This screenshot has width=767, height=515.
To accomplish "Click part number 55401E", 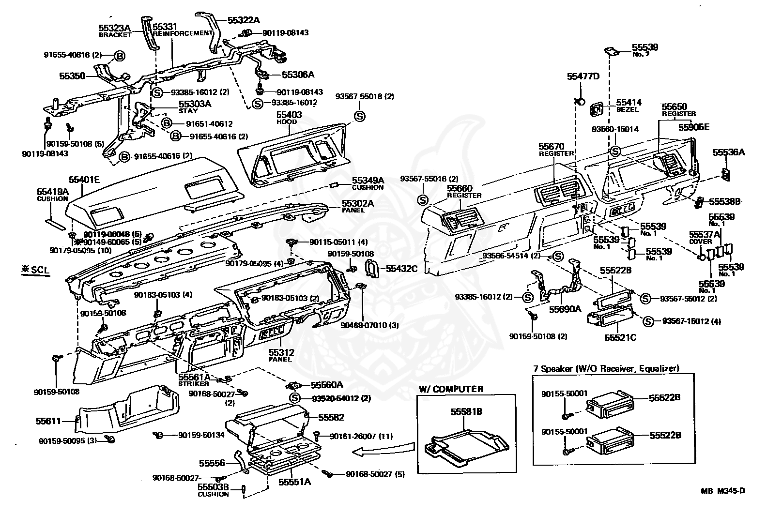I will pos(84,180).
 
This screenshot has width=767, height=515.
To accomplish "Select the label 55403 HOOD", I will pos(289,118).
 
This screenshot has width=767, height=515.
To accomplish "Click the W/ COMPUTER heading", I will pos(451,389).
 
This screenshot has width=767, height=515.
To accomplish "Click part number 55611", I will pos(48,421).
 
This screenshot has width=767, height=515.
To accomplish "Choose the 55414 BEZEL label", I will pos(629,105).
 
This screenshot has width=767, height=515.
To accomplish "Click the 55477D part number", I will pos(583,76).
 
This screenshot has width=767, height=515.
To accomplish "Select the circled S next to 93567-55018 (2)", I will pos(359,116).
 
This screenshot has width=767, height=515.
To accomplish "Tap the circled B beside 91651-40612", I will pos(166,124).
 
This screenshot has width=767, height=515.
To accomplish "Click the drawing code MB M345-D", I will pos(722,491).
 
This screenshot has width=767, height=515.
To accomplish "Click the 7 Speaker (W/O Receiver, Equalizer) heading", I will pos(606,368).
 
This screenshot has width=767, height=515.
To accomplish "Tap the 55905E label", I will pos(693,127).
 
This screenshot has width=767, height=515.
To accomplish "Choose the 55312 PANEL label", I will pos(281,355).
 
